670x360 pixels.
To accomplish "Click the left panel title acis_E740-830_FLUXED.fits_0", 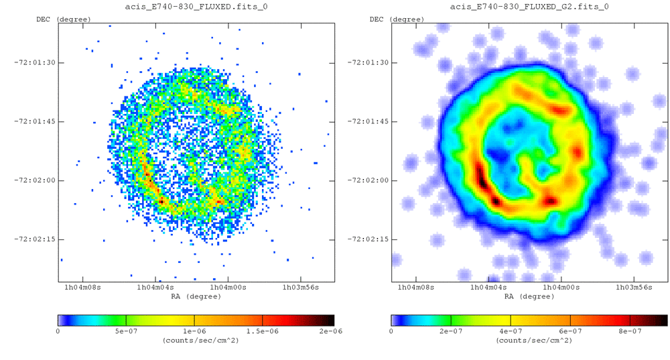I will [x=195, y=7].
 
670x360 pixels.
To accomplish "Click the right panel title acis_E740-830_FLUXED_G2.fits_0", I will [x=529, y=7].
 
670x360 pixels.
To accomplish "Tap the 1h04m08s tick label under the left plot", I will [x=82, y=288].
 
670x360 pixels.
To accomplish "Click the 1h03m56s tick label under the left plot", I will [x=299, y=288].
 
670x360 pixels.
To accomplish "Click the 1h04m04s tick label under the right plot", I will [x=488, y=288].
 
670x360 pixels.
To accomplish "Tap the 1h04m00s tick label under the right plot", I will [x=561, y=288].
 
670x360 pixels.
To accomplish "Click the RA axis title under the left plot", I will [x=195, y=296].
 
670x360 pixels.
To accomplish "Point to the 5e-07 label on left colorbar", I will [x=126, y=331].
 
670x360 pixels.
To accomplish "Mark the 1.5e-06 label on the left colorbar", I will [x=263, y=331].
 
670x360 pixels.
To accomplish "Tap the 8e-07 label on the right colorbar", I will [x=630, y=331].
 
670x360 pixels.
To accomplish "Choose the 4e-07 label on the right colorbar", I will [x=511, y=331].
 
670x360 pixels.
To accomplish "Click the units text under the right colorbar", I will [x=529, y=340].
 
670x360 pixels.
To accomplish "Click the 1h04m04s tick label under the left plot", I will [x=155, y=288].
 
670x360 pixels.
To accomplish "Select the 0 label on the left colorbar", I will [x=58, y=331].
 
